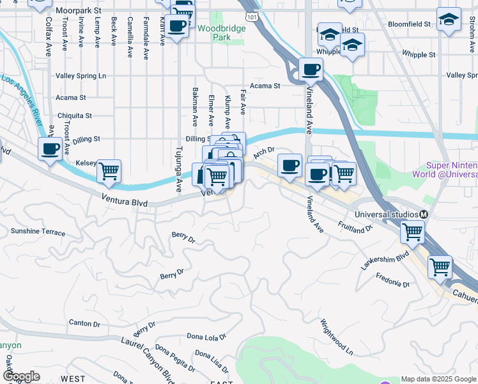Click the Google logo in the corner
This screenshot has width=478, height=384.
point(21,376)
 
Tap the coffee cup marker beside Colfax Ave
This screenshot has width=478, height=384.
point(50,150)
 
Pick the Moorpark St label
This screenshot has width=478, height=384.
point(78,11)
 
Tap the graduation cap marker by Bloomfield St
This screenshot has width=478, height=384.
point(449,19)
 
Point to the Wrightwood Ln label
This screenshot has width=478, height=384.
point(336,337)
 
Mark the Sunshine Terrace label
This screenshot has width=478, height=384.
point(38,231)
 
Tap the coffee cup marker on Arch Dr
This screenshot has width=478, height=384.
point(289,165)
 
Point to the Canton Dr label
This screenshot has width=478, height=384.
point(84,324)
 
